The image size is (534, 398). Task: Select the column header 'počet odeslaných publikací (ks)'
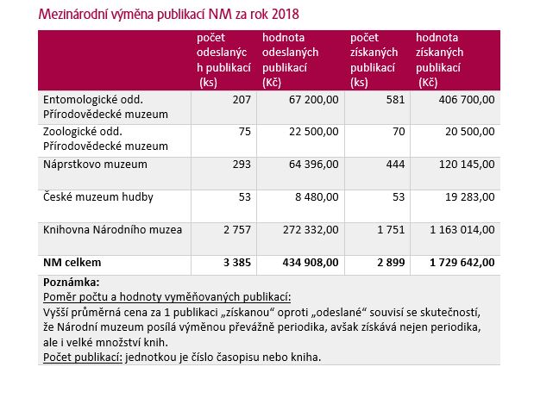click(x=223, y=59)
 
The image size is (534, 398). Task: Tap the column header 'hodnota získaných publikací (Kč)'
click(x=439, y=59)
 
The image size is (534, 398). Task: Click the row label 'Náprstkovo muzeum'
click(x=95, y=165)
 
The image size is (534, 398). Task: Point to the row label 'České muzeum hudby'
click(x=98, y=197)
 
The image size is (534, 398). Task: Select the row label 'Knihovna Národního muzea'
click(x=112, y=230)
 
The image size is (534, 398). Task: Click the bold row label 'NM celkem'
click(x=72, y=262)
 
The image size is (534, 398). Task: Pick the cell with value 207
click(x=242, y=100)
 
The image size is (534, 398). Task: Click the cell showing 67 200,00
click(x=314, y=100)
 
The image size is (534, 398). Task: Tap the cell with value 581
click(x=395, y=100)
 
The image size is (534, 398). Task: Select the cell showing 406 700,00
click(x=467, y=100)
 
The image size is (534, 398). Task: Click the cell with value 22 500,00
click(x=314, y=132)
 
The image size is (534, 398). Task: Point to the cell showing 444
click(x=395, y=165)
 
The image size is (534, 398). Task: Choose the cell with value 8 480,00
click(x=317, y=197)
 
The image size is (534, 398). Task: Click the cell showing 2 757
click(x=237, y=230)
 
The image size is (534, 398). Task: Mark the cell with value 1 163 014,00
click(x=462, y=230)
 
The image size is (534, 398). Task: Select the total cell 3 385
click(x=237, y=262)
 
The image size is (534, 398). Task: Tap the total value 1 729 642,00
click(x=462, y=262)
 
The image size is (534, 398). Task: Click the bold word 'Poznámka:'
click(x=72, y=282)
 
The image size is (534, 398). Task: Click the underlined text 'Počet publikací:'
click(x=83, y=358)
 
